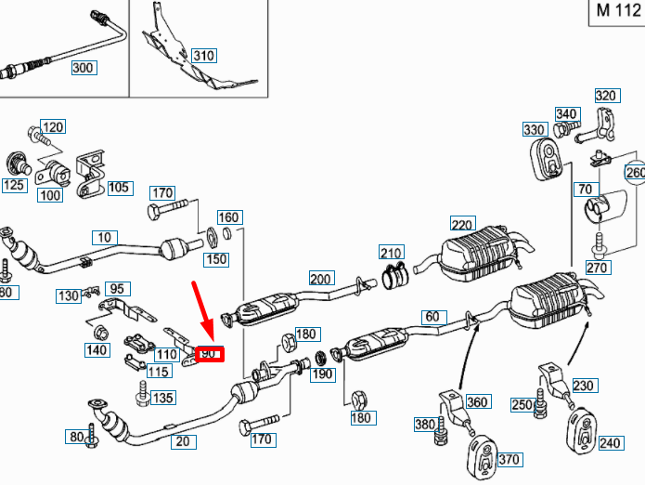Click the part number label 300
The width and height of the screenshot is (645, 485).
click(84, 68)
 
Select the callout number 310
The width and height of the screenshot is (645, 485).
click(203, 56)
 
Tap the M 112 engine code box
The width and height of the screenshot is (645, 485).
click(615, 11)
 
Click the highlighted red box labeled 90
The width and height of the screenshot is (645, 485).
click(209, 354)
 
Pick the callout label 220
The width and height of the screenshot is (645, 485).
click(462, 224)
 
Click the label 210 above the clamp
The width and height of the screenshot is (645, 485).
click(392, 252)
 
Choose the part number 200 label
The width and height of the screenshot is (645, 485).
click(321, 279)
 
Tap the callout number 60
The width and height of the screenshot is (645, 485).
click(432, 316)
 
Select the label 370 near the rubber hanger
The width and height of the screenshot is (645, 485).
click(510, 459)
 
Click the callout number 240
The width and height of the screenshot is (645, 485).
click(609, 443)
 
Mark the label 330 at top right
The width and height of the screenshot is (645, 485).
click(535, 129)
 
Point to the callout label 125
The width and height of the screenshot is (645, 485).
click(14, 185)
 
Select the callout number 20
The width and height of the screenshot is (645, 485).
click(183, 441)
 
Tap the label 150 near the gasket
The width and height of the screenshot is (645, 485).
click(216, 259)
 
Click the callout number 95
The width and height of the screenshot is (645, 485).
click(117, 288)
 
